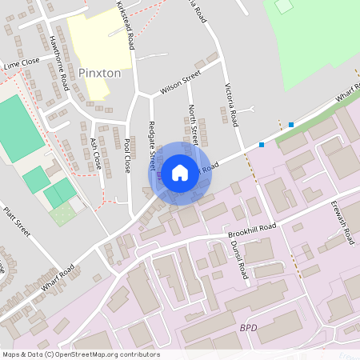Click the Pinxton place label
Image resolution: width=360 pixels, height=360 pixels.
(x=100, y=73)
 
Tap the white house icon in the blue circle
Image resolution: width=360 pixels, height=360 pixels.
(x=180, y=172)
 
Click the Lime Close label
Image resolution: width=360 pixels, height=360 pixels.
(x=21, y=62)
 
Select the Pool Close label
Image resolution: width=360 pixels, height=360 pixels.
(x=126, y=156)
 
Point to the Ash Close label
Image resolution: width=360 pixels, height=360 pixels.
(x=95, y=152)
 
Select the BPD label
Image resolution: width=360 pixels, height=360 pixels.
(x=250, y=328)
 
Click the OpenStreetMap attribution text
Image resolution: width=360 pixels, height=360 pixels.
(x=81, y=354)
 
